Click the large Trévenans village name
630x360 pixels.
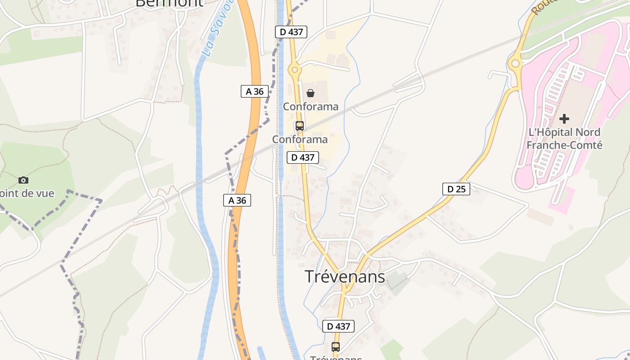[x=345, y=277]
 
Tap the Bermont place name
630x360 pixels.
[x=169, y=3]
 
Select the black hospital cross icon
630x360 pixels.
[x=564, y=119]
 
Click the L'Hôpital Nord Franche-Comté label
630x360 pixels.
[x=564, y=139]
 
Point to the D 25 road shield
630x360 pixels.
[x=456, y=189]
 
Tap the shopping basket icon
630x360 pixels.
[x=310, y=93]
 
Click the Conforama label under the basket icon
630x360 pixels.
[x=310, y=107]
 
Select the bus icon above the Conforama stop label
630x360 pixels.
[x=300, y=126]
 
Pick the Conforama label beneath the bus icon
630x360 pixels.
[x=300, y=139]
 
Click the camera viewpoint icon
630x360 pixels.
[x=23, y=180]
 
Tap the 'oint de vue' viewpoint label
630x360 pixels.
[x=27, y=193]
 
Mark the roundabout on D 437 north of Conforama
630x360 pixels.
[x=295, y=69]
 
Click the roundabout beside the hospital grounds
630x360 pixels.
[x=515, y=64]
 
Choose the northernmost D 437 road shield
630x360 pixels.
[x=291, y=32]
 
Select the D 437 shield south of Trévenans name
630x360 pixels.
[x=338, y=326]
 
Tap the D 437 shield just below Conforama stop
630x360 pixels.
[x=303, y=157]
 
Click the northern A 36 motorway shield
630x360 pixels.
[x=255, y=91]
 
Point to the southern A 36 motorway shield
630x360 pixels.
[x=237, y=200]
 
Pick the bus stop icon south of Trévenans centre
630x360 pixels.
[x=336, y=346]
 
